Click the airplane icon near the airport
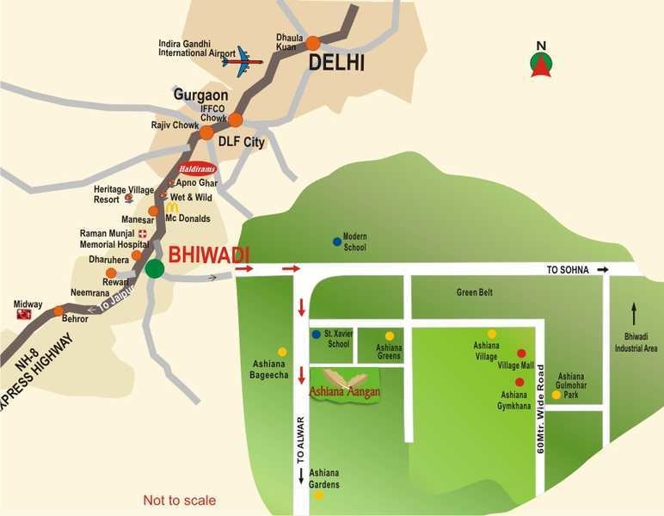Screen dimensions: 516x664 [242, 60]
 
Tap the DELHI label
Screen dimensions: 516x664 [336, 62]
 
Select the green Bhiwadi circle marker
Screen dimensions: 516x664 [154, 268]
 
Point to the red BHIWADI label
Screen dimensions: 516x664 [208, 255]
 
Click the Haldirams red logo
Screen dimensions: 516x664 [197, 169]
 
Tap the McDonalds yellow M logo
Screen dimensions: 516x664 [172, 207]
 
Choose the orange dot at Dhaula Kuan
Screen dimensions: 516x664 [313, 42]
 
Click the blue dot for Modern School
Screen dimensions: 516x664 [337, 242]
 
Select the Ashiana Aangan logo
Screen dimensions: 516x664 [345, 384]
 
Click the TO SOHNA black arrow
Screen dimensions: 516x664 [604, 270]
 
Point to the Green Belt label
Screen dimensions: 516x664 [474, 292]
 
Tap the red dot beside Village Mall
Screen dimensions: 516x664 [521, 353]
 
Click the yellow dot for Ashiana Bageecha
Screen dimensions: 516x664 [282, 352]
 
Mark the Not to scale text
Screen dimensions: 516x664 [180, 501]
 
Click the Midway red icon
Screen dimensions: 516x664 [24, 315]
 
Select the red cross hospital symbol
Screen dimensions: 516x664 [143, 233]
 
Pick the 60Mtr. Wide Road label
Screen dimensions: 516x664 [541, 404]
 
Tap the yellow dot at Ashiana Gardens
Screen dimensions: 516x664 [318, 494]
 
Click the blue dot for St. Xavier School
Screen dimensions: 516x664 [317, 334]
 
